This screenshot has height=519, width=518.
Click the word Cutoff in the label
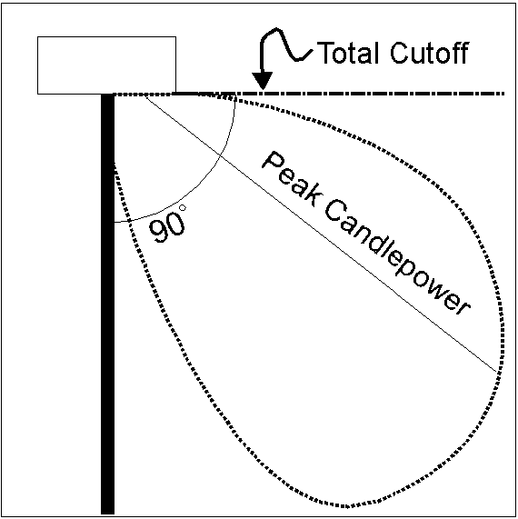click(429, 53)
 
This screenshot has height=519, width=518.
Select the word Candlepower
click(397, 257)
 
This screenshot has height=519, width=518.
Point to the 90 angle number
click(167, 227)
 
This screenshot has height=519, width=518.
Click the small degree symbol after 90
click(183, 208)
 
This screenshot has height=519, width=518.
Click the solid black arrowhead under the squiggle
click(263, 81)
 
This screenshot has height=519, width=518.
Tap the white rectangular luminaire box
click(106, 65)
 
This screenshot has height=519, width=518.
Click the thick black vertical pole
click(107, 304)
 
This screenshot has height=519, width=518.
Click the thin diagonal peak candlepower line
click(320, 234)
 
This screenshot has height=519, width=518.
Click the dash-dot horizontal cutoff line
click(338, 94)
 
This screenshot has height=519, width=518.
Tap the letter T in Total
click(325, 53)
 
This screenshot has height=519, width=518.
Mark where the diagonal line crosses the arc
click(220, 155)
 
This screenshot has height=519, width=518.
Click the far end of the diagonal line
click(497, 373)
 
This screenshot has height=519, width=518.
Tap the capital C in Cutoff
click(400, 53)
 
